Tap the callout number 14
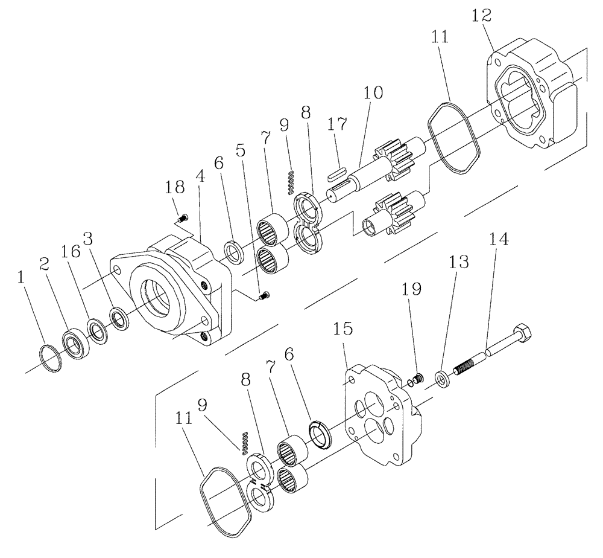tap(499, 240)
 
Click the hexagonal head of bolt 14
tap(522, 333)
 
